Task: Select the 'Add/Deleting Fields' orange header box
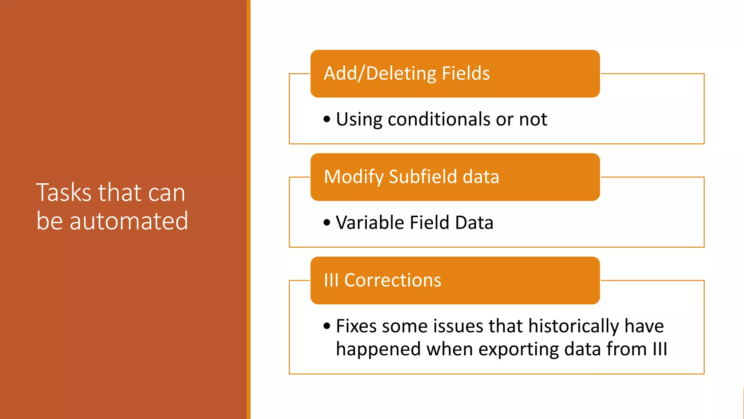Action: tap(455, 73)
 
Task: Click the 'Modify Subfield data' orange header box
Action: tap(455, 177)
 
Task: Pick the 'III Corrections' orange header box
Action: tap(455, 280)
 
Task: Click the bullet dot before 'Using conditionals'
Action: tap(327, 119)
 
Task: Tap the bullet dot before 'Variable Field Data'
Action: tap(327, 223)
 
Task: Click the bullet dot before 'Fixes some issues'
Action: tap(327, 326)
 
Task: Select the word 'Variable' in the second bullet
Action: tap(369, 223)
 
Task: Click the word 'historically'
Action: tap(573, 326)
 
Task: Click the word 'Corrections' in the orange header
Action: tap(392, 280)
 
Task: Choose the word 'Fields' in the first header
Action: tap(466, 73)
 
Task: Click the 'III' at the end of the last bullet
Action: tap(660, 349)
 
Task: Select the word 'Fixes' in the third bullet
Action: tap(356, 326)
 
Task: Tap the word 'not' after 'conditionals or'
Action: tap(533, 119)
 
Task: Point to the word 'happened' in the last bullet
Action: tap(379, 350)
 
